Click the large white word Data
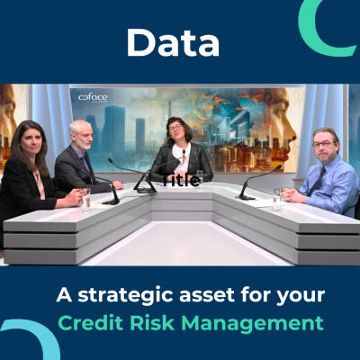pos(173,41)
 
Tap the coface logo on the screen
pos(94,97)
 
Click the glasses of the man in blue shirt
pos(324,142)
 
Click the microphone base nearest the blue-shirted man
pos(246,194)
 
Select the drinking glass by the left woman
pos(85,197)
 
